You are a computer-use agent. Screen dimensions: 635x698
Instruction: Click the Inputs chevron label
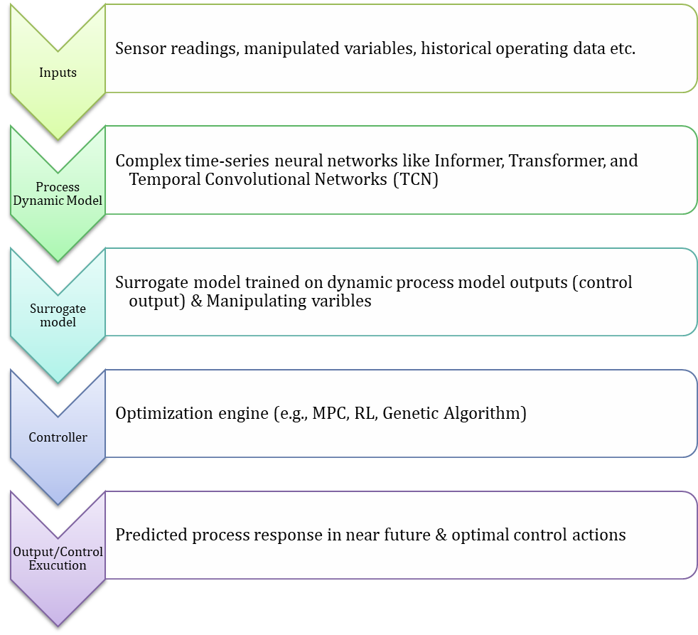pos(58,73)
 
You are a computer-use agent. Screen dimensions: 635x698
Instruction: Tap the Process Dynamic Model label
pos(58,194)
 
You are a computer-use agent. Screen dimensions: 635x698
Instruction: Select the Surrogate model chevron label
pos(58,315)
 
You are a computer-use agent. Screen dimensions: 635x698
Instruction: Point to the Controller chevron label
pos(58,437)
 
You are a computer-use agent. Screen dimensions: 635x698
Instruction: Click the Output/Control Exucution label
pos(58,559)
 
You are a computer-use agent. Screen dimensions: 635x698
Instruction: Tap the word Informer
pos(468,161)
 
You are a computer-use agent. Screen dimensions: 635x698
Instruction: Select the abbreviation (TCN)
pos(415,179)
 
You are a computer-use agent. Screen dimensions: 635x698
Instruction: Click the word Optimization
pos(163,413)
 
